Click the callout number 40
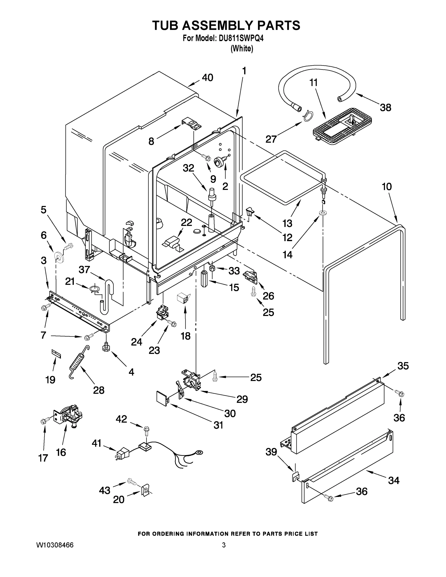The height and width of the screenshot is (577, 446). coord(207,78)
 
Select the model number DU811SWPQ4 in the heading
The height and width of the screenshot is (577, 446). coord(241,38)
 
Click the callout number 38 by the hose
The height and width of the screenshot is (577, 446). coord(385,107)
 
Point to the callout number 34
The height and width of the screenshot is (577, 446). coord(394,480)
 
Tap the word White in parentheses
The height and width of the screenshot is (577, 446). coord(242,49)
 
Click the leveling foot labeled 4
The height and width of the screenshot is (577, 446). coord(106,347)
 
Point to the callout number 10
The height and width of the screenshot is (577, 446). coord(387,187)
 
